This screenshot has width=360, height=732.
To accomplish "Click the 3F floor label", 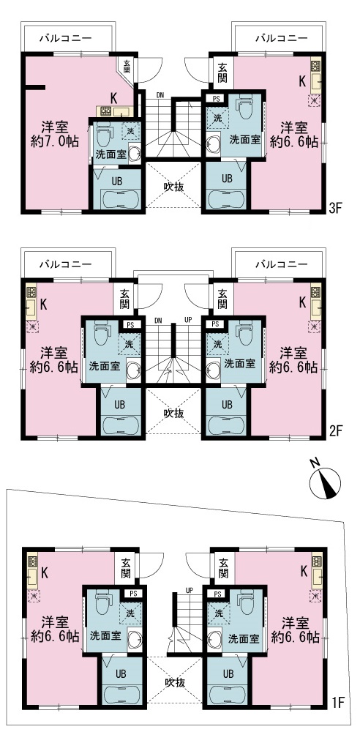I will point(335,207).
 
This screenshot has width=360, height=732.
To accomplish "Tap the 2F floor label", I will point(335,430).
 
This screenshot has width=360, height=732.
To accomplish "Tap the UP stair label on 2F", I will point(188,319).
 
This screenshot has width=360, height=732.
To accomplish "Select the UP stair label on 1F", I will point(189,589).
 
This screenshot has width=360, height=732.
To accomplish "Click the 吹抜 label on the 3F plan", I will point(173,187).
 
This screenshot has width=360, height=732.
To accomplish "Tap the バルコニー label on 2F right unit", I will point(277,261).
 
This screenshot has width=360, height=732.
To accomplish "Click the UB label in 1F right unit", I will point(228,673).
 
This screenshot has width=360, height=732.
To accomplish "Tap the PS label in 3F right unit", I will point(215,99).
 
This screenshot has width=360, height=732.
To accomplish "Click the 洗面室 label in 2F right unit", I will point(239,363).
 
